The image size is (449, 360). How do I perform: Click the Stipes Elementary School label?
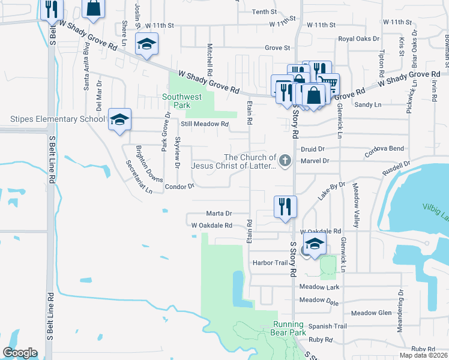tap(58, 119)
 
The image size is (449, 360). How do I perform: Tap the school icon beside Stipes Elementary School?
tap(119, 119)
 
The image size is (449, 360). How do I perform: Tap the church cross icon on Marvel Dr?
tap(285, 160)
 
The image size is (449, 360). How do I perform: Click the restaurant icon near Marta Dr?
tap(285, 207)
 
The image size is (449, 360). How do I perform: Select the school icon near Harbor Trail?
tap(313, 245)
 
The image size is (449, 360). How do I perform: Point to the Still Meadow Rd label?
tap(205, 124)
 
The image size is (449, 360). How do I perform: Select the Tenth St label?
tap(264, 11)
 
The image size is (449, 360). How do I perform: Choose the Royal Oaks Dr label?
tap(359, 38)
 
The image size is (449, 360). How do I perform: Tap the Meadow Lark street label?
tap(319, 287)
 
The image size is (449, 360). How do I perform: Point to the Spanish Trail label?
tap(328, 326)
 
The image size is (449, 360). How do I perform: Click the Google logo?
tap(20, 353)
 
